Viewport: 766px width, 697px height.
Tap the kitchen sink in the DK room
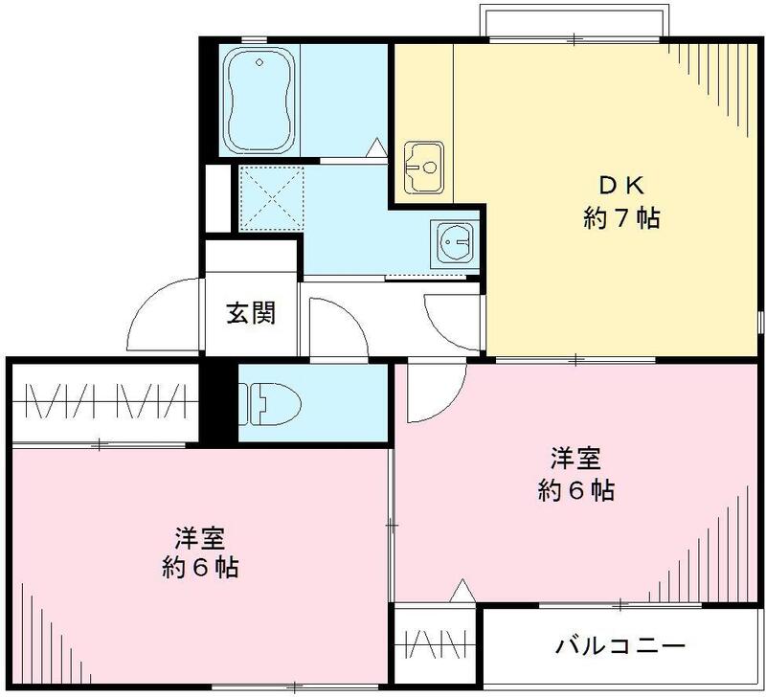(x=421, y=169)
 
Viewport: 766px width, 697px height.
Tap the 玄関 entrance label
(x=252, y=313)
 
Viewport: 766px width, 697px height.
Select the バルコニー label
(x=620, y=646)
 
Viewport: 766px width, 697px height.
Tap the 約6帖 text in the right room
(x=575, y=491)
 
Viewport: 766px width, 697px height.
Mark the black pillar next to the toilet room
(x=220, y=402)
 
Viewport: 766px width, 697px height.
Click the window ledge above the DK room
(x=573, y=21)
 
